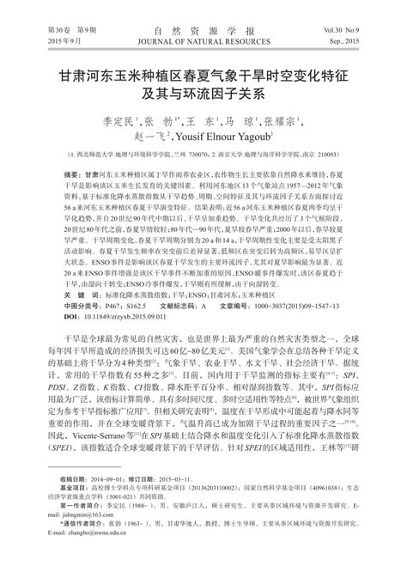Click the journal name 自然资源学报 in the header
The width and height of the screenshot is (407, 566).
coord(203,29)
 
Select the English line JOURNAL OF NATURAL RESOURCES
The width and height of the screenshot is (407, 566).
coord(203,40)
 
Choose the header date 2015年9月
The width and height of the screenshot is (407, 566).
coord(39,40)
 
